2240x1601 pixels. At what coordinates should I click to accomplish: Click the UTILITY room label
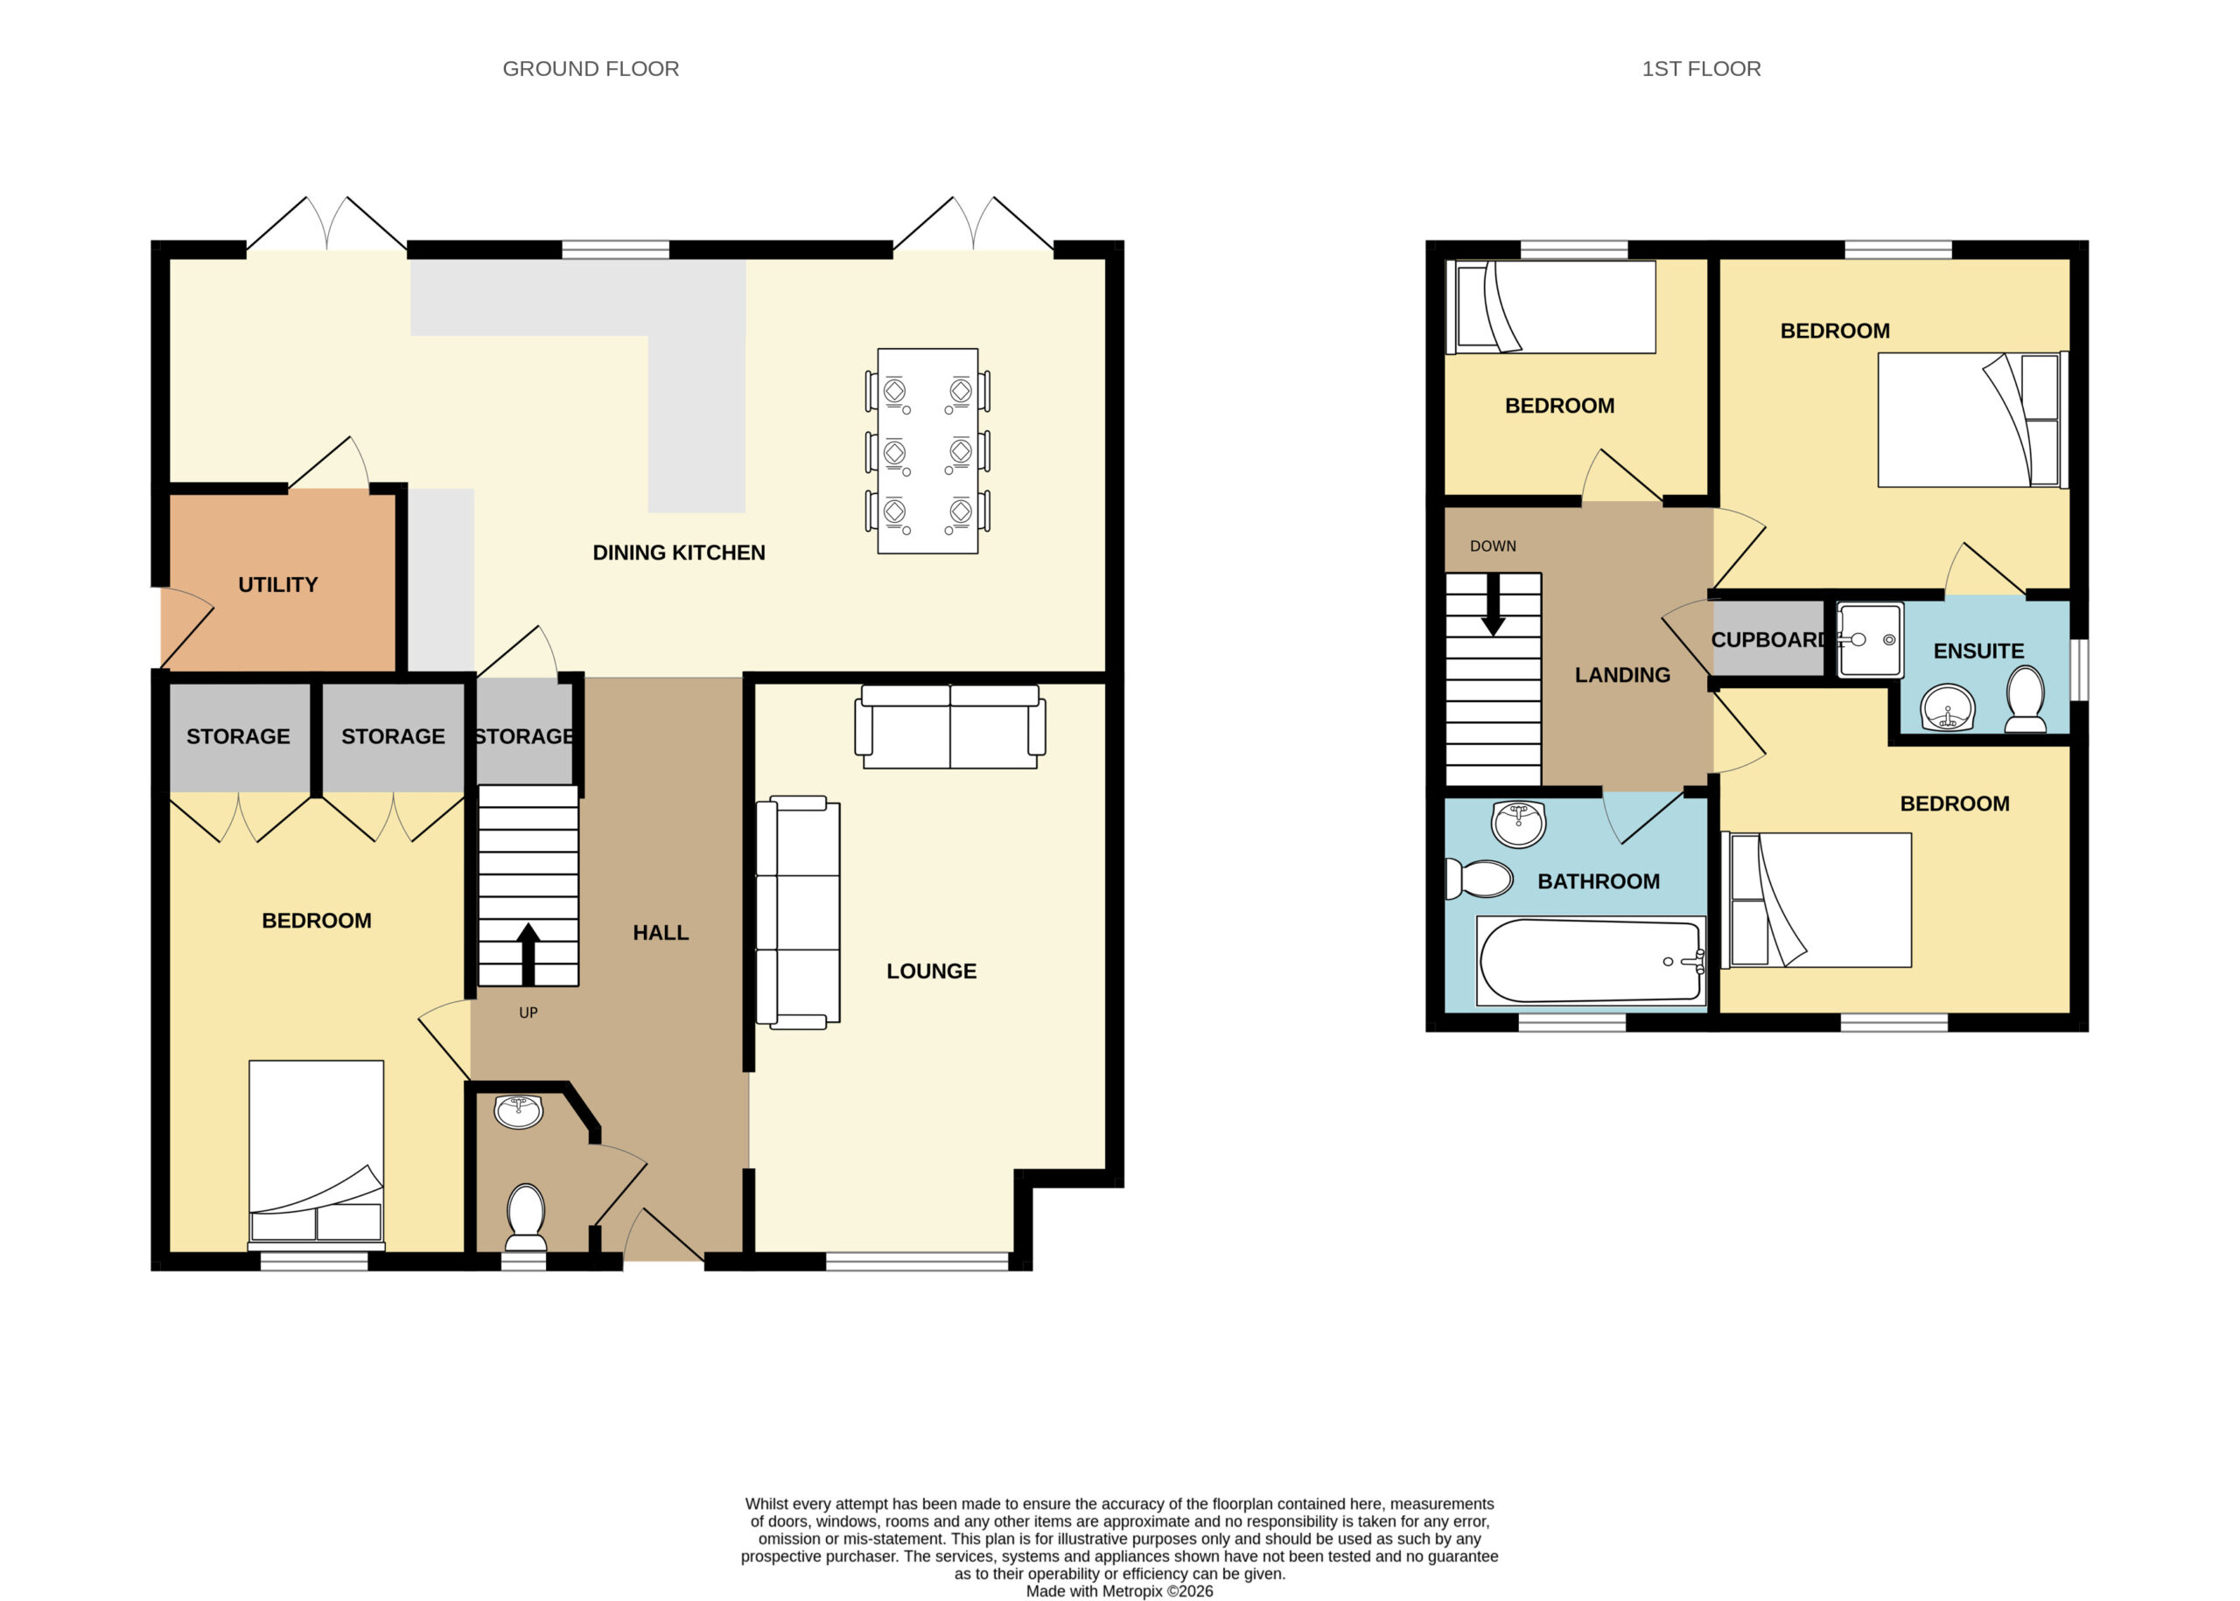tap(278, 585)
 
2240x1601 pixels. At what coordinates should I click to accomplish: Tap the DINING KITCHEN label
tap(679, 553)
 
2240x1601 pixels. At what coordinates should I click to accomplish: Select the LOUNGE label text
tap(931, 971)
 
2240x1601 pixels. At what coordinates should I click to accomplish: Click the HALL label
tap(661, 933)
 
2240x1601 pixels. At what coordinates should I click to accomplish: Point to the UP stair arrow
tap(528, 953)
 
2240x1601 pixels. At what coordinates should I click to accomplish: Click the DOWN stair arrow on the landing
tap(1494, 604)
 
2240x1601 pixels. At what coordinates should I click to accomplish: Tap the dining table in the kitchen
tap(928, 450)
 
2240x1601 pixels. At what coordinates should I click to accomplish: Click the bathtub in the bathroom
tap(1591, 961)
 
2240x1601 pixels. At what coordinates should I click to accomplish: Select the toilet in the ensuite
tap(2026, 699)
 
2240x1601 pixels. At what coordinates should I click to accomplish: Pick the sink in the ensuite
tap(1948, 708)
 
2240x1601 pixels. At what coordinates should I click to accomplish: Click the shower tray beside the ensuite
tap(1870, 640)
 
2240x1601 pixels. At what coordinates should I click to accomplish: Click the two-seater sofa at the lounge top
tap(950, 727)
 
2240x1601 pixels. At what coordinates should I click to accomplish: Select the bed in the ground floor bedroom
tap(317, 1155)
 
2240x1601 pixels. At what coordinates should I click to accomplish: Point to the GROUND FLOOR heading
tap(591, 69)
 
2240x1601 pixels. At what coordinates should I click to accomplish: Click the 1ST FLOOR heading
tap(1702, 69)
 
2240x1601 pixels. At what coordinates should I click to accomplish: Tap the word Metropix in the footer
tap(1132, 1591)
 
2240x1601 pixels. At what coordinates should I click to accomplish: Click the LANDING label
tap(1622, 675)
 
